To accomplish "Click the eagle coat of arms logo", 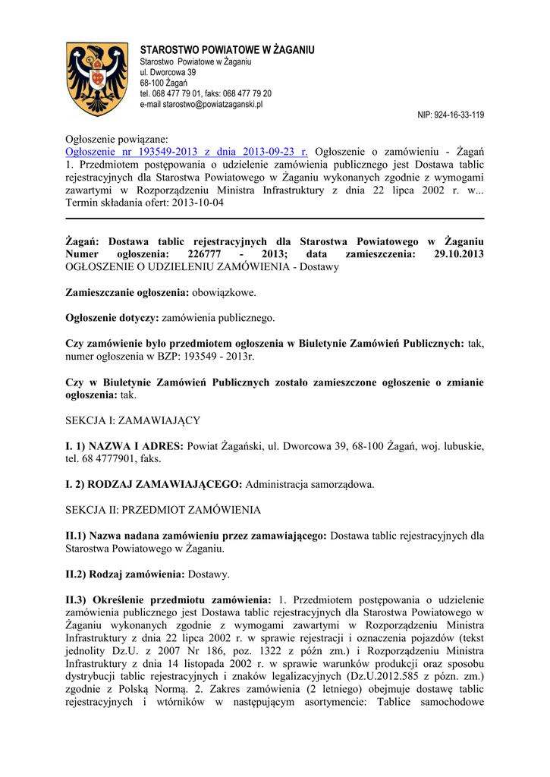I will point(98,79).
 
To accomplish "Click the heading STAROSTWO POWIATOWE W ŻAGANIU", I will point(227,50).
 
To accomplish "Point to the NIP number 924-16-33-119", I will point(451,115).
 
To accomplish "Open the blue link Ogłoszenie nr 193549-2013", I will point(187,151).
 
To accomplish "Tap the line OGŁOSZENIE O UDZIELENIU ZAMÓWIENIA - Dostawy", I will point(203,267).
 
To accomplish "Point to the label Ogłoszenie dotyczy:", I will point(113,317).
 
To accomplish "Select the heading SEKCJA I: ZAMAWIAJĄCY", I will point(134,420).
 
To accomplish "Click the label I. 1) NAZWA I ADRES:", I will point(124,445).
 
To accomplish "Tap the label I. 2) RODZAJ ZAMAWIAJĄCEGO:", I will point(154,483).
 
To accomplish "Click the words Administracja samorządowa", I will point(310,483).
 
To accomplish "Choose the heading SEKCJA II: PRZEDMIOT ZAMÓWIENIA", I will point(163,509).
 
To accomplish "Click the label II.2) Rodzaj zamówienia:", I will point(125,574).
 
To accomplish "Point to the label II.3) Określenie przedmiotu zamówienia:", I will point(168,599).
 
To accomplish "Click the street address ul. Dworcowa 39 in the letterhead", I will point(168,71).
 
